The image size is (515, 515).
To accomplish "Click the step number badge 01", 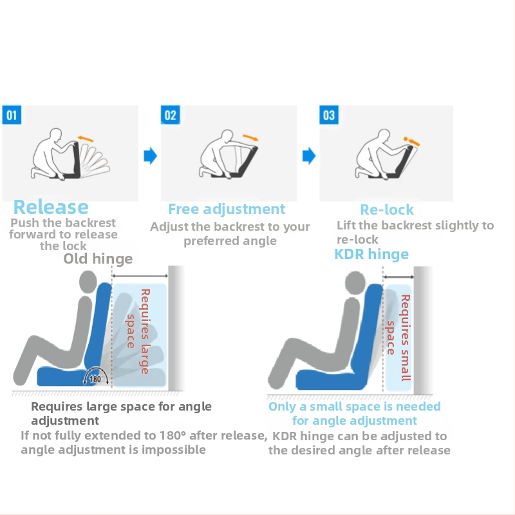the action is click(x=12, y=115).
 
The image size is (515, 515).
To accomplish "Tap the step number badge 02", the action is click(x=171, y=115).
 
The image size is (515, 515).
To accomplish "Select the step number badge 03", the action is click(x=329, y=115).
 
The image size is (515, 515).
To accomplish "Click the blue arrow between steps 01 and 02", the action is click(x=151, y=155).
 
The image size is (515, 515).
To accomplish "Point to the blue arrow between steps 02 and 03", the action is click(x=309, y=155).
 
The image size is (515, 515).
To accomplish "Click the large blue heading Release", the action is click(x=51, y=207).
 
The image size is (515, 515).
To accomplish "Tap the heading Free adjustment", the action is click(x=227, y=209).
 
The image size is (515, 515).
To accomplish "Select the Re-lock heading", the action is click(x=387, y=209).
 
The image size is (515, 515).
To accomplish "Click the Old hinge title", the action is click(x=98, y=259).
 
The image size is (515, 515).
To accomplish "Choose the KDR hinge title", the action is click(x=371, y=254).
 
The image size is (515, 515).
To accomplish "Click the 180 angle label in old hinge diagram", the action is click(x=95, y=379).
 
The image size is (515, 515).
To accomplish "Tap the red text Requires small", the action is click(x=406, y=338).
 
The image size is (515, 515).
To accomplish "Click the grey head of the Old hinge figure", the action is click(x=88, y=282).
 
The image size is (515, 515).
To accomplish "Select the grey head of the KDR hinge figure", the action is click(x=355, y=282).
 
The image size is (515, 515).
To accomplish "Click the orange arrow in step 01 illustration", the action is click(x=86, y=139).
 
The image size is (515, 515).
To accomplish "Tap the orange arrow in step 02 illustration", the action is click(x=250, y=137).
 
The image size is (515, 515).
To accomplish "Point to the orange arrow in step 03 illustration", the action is click(x=411, y=141).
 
